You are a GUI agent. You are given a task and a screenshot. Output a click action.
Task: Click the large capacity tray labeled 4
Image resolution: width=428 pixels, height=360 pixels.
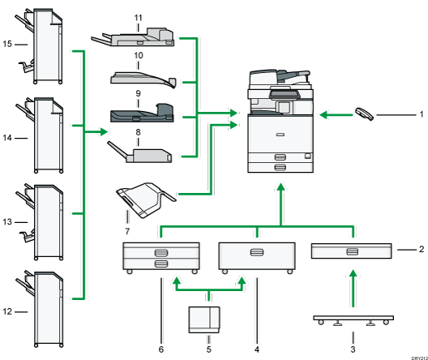(x=256, y=255)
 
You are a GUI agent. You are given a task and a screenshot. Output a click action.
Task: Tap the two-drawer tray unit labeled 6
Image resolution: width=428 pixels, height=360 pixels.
(x=160, y=257)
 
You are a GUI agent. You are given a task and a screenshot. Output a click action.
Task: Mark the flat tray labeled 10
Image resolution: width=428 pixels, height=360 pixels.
(x=141, y=78)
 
